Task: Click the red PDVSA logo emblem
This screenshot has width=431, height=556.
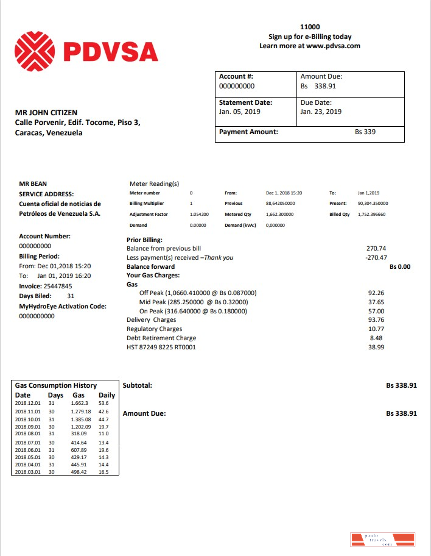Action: pos(34,52)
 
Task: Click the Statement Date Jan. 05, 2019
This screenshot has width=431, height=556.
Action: pos(239,112)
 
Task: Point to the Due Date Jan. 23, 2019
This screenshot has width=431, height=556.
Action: pos(321,112)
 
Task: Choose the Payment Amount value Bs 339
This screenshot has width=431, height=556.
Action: pos(365,132)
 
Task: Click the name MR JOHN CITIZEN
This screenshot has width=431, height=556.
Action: pos(46,113)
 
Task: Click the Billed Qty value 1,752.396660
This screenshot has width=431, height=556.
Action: pos(371,215)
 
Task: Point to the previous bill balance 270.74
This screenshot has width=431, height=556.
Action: pos(376,249)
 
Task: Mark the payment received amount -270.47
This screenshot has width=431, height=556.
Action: pos(376,258)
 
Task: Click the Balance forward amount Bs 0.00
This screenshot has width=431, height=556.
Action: pos(400,267)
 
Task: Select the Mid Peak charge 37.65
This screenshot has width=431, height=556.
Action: pos(376,302)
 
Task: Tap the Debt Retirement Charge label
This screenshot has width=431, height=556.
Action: pos(161,338)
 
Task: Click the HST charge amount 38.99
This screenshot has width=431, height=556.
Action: pos(377,347)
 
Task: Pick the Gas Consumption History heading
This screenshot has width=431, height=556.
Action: pos(55,385)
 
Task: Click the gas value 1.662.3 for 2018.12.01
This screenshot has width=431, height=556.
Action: pos(80,403)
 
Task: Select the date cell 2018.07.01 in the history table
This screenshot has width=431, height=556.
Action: pos(27,443)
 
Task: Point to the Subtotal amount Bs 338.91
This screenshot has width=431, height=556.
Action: pos(401,386)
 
